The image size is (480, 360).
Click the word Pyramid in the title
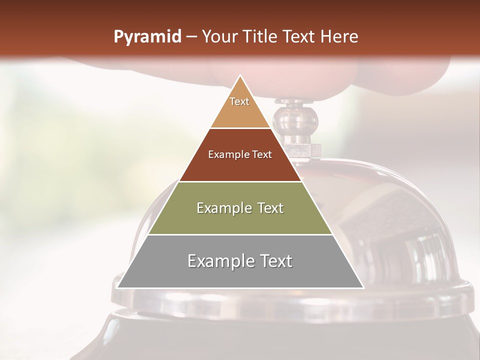147,37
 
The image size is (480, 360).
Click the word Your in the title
219,36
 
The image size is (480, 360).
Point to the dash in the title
191,37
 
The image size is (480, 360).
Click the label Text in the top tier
239,101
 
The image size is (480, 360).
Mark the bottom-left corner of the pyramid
117,287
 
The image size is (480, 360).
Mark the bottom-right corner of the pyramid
363,287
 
